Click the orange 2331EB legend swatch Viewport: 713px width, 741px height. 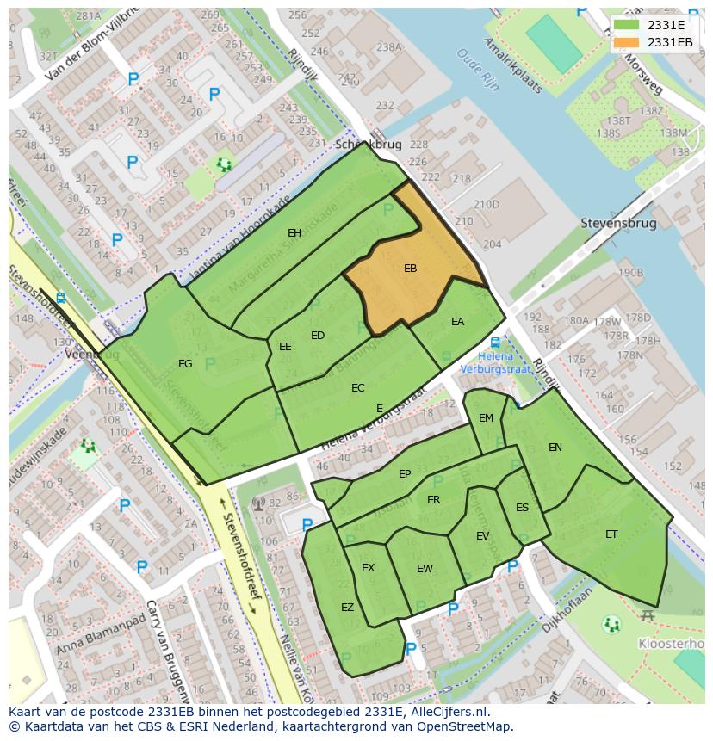pos(629,42)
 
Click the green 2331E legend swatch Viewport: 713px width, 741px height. pos(629,25)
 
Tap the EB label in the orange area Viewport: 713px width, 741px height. pos(410,269)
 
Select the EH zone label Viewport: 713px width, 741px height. pos(294,233)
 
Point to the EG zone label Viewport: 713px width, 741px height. pos(185,364)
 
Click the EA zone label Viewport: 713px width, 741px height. pos(457,322)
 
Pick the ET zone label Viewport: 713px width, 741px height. pos(611,534)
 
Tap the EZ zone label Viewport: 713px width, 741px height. pos(347,608)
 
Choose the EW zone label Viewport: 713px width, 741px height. pos(425,569)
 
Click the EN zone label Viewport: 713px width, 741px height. pos(555,448)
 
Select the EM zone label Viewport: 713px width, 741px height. pos(486,418)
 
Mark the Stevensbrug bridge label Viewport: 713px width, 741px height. pos(618,223)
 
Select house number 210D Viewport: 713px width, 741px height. pos(486,204)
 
